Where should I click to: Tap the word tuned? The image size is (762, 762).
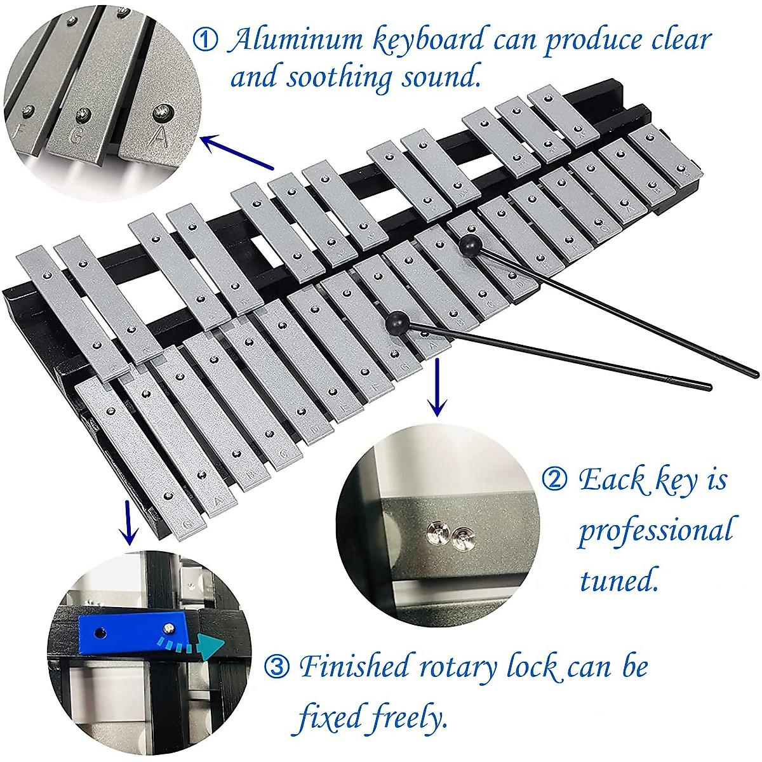click(617, 579)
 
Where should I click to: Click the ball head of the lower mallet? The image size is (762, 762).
click(396, 322)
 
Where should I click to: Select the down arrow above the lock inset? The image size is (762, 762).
click(129, 522)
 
